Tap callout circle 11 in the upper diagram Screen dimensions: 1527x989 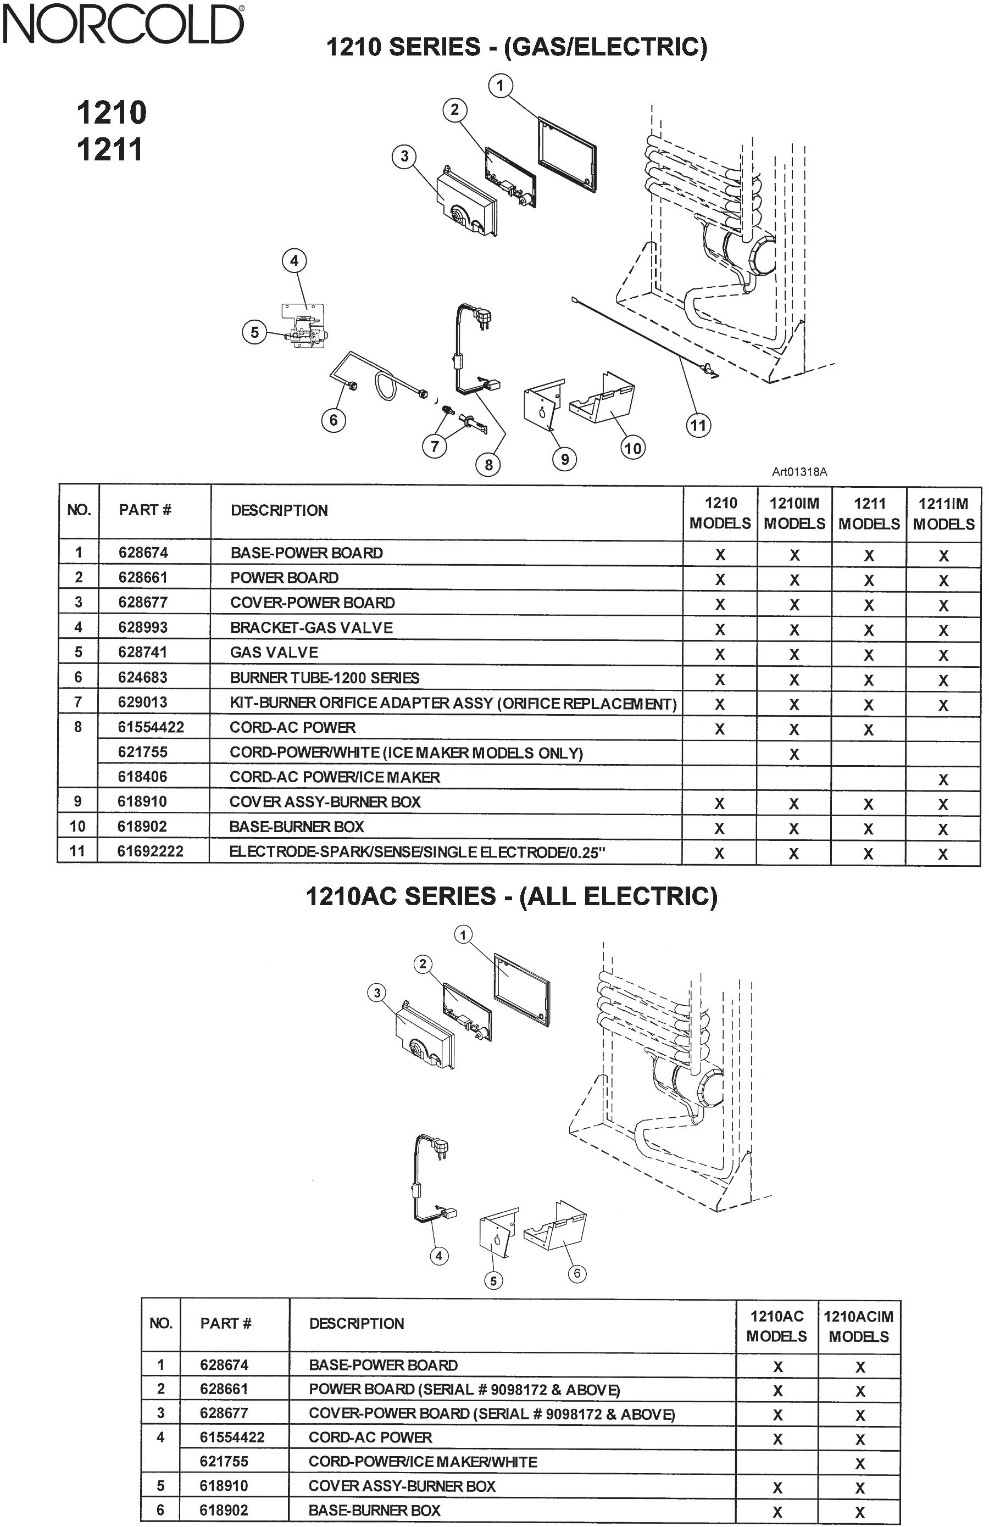(x=698, y=425)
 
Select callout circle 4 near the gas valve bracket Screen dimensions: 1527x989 (x=294, y=260)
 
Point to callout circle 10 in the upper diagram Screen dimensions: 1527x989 (x=633, y=448)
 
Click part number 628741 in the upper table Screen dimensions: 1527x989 (x=142, y=652)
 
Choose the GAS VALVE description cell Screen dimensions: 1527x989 (x=274, y=653)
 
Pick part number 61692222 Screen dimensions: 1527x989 (x=150, y=851)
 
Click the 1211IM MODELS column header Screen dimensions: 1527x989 (x=943, y=513)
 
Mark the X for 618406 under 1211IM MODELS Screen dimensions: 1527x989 (x=943, y=779)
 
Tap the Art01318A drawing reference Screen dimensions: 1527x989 (x=799, y=472)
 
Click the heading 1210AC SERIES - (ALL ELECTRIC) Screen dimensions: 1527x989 (x=511, y=896)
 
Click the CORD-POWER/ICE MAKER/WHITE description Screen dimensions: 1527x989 (x=423, y=1462)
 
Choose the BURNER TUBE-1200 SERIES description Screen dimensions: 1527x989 (x=325, y=677)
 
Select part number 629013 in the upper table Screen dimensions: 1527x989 (x=142, y=702)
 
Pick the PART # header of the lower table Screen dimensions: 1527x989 (x=225, y=1323)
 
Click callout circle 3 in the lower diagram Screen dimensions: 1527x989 (x=377, y=993)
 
